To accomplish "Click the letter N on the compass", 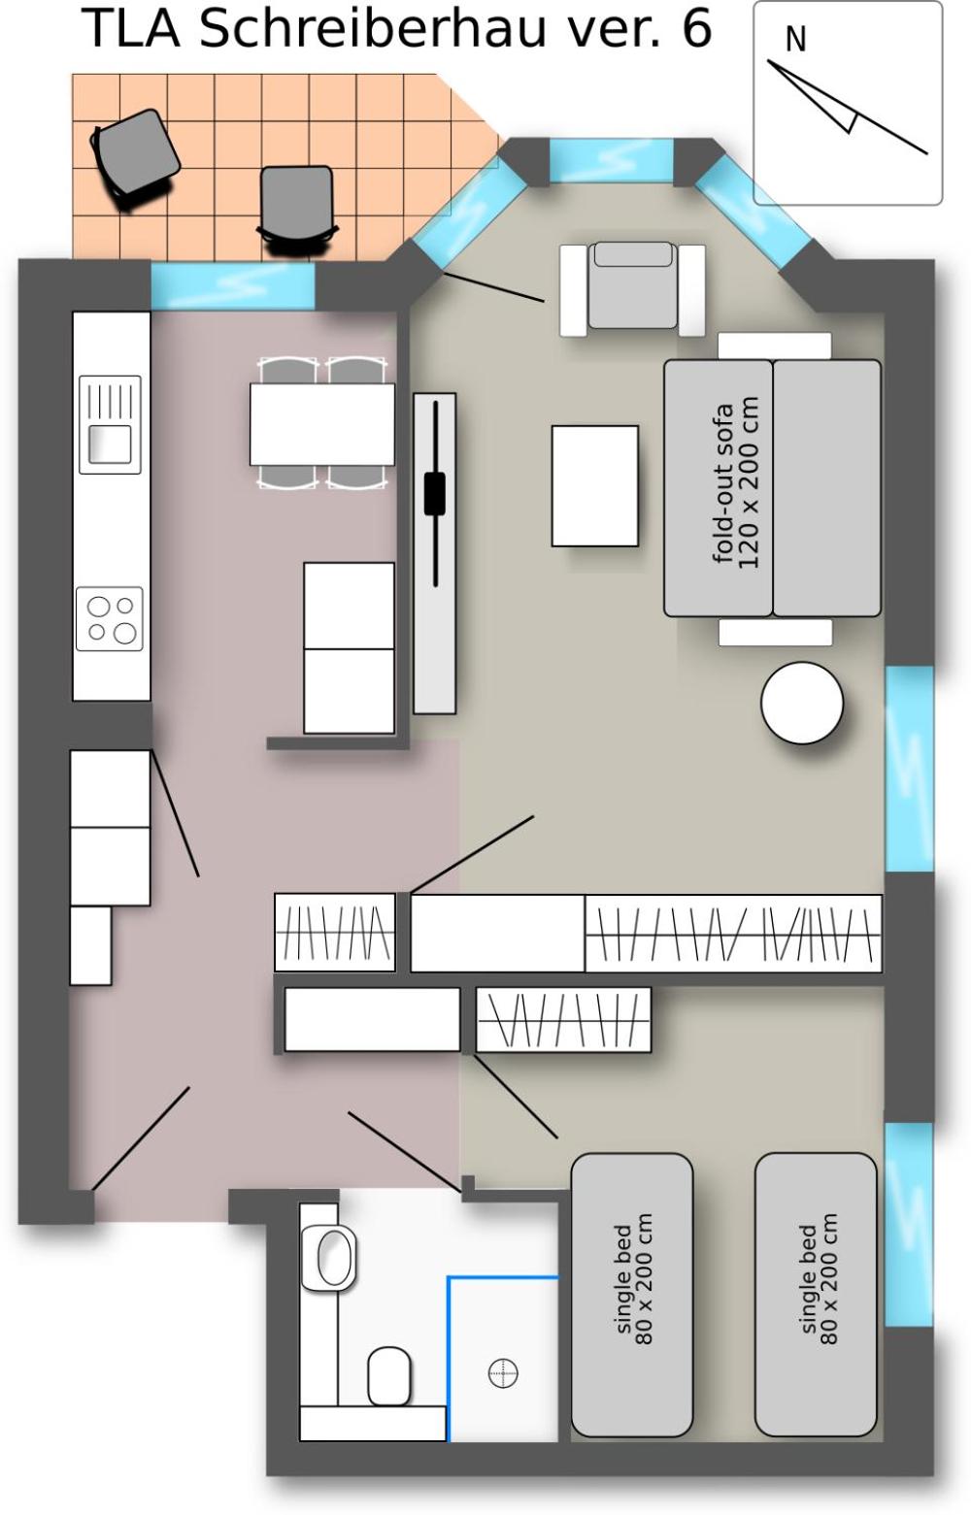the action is tap(795, 40).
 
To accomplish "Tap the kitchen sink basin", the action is tap(111, 444).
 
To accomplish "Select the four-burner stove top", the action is tap(110, 618).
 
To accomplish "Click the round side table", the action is tap(802, 703).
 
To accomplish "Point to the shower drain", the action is tap(503, 1372).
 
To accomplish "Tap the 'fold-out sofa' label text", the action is tap(724, 483).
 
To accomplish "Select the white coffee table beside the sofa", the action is tap(595, 485).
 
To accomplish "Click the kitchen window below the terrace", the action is tap(233, 285).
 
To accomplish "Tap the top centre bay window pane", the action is tap(611, 160).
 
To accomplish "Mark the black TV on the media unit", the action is tap(435, 494).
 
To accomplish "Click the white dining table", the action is tap(322, 424).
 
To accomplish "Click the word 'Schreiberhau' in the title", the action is tap(372, 29).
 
